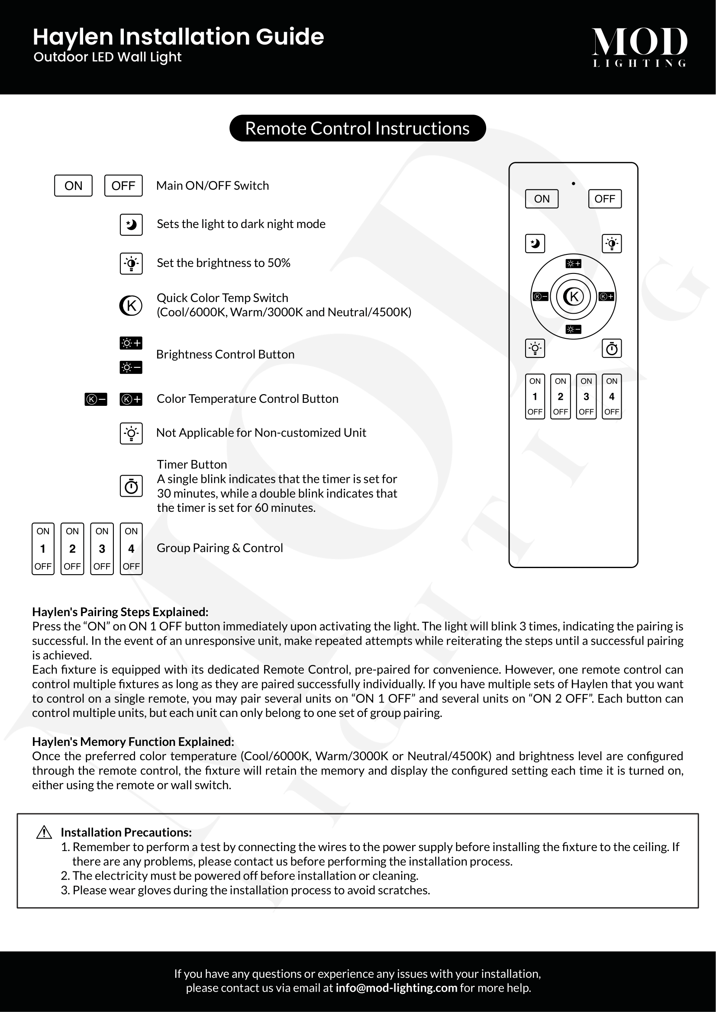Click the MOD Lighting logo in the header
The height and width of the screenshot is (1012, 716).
point(639,47)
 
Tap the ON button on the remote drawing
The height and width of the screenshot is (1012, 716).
point(542,199)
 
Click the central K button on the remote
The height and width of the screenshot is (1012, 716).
point(573,296)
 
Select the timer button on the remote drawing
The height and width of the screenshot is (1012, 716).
point(612,349)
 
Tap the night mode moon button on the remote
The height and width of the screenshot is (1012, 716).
point(535,243)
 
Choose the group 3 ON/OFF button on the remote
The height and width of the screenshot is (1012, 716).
point(586,396)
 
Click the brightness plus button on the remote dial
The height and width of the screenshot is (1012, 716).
point(573,263)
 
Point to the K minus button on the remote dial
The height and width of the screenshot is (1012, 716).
point(541,297)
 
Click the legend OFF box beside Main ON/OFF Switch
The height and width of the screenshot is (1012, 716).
point(123,186)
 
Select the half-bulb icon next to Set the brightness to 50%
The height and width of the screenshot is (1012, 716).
point(131,263)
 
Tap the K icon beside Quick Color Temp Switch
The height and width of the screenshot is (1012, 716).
point(131,305)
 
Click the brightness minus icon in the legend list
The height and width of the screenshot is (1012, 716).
point(131,367)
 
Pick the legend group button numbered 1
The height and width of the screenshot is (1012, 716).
point(43,549)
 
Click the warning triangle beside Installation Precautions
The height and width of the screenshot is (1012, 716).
point(44,832)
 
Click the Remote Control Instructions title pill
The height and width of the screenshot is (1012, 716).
point(358,128)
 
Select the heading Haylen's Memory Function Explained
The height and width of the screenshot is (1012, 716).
point(133,742)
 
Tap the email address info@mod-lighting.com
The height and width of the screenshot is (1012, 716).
point(396,988)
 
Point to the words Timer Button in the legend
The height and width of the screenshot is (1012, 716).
point(192,464)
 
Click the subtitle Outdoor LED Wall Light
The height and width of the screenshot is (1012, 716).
point(108,57)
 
